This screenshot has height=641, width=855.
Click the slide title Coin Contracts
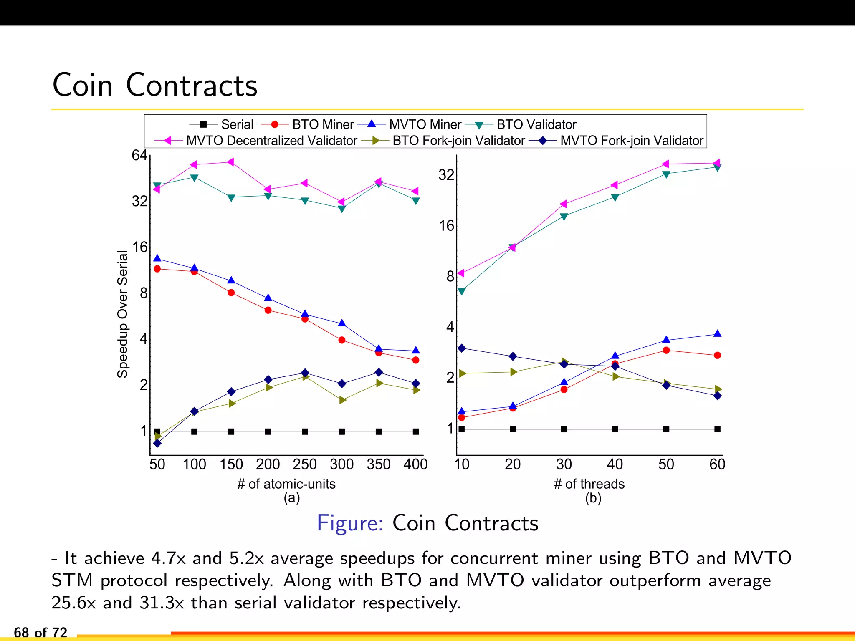(155, 85)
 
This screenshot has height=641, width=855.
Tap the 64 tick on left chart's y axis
(139, 155)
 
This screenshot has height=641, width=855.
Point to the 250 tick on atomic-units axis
(305, 464)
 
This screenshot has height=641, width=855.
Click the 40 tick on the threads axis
(615, 464)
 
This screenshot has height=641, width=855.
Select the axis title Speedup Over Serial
(122, 314)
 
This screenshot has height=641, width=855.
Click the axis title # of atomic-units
(286, 484)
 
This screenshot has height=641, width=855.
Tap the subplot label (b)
(593, 498)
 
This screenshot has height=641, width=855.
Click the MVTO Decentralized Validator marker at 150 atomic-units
(230, 162)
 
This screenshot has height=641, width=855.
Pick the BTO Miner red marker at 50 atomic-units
(157, 269)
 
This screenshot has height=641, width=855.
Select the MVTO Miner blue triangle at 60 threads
(717, 333)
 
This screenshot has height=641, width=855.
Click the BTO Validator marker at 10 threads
(461, 291)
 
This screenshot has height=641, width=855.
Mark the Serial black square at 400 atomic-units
(415, 432)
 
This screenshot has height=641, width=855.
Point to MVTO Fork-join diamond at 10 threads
(461, 348)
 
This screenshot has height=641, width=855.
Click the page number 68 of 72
(40, 632)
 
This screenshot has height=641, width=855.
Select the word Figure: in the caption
(350, 523)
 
